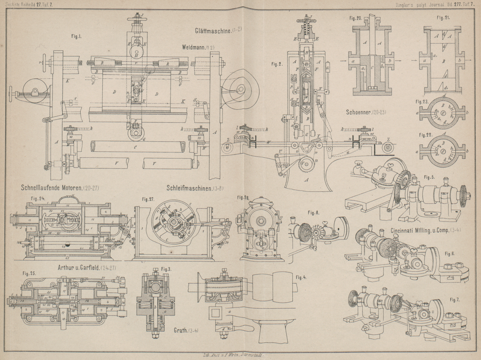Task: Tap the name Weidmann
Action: tap(194, 47)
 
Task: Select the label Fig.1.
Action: tap(76, 36)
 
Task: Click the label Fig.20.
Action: tap(356, 18)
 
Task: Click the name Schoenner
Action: tap(361, 112)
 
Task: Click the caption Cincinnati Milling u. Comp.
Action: tap(420, 231)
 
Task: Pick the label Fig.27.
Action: tap(148, 199)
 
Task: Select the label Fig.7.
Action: tap(454, 300)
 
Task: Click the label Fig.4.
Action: tap(301, 277)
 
